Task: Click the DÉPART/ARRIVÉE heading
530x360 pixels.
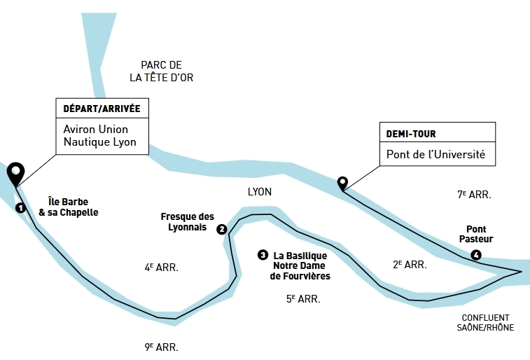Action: [102, 109]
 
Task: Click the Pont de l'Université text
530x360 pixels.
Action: [435, 154]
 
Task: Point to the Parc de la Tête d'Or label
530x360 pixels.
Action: [162, 71]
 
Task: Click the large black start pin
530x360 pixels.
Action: [15, 172]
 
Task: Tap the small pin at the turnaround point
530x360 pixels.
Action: [342, 183]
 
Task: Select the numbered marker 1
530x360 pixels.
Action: [21, 207]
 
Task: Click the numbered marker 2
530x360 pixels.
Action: [221, 229]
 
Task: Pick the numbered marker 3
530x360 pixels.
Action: [263, 255]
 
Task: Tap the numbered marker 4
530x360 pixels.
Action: [476, 254]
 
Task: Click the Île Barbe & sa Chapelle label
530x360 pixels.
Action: [69, 207]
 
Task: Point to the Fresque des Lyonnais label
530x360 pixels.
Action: [188, 222]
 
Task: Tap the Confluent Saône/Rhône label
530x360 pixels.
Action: [486, 322]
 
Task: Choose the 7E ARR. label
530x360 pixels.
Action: [474, 195]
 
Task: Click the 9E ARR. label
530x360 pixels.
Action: [160, 346]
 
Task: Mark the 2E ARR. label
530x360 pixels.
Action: [410, 264]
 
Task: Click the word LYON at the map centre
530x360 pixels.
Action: [259, 191]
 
